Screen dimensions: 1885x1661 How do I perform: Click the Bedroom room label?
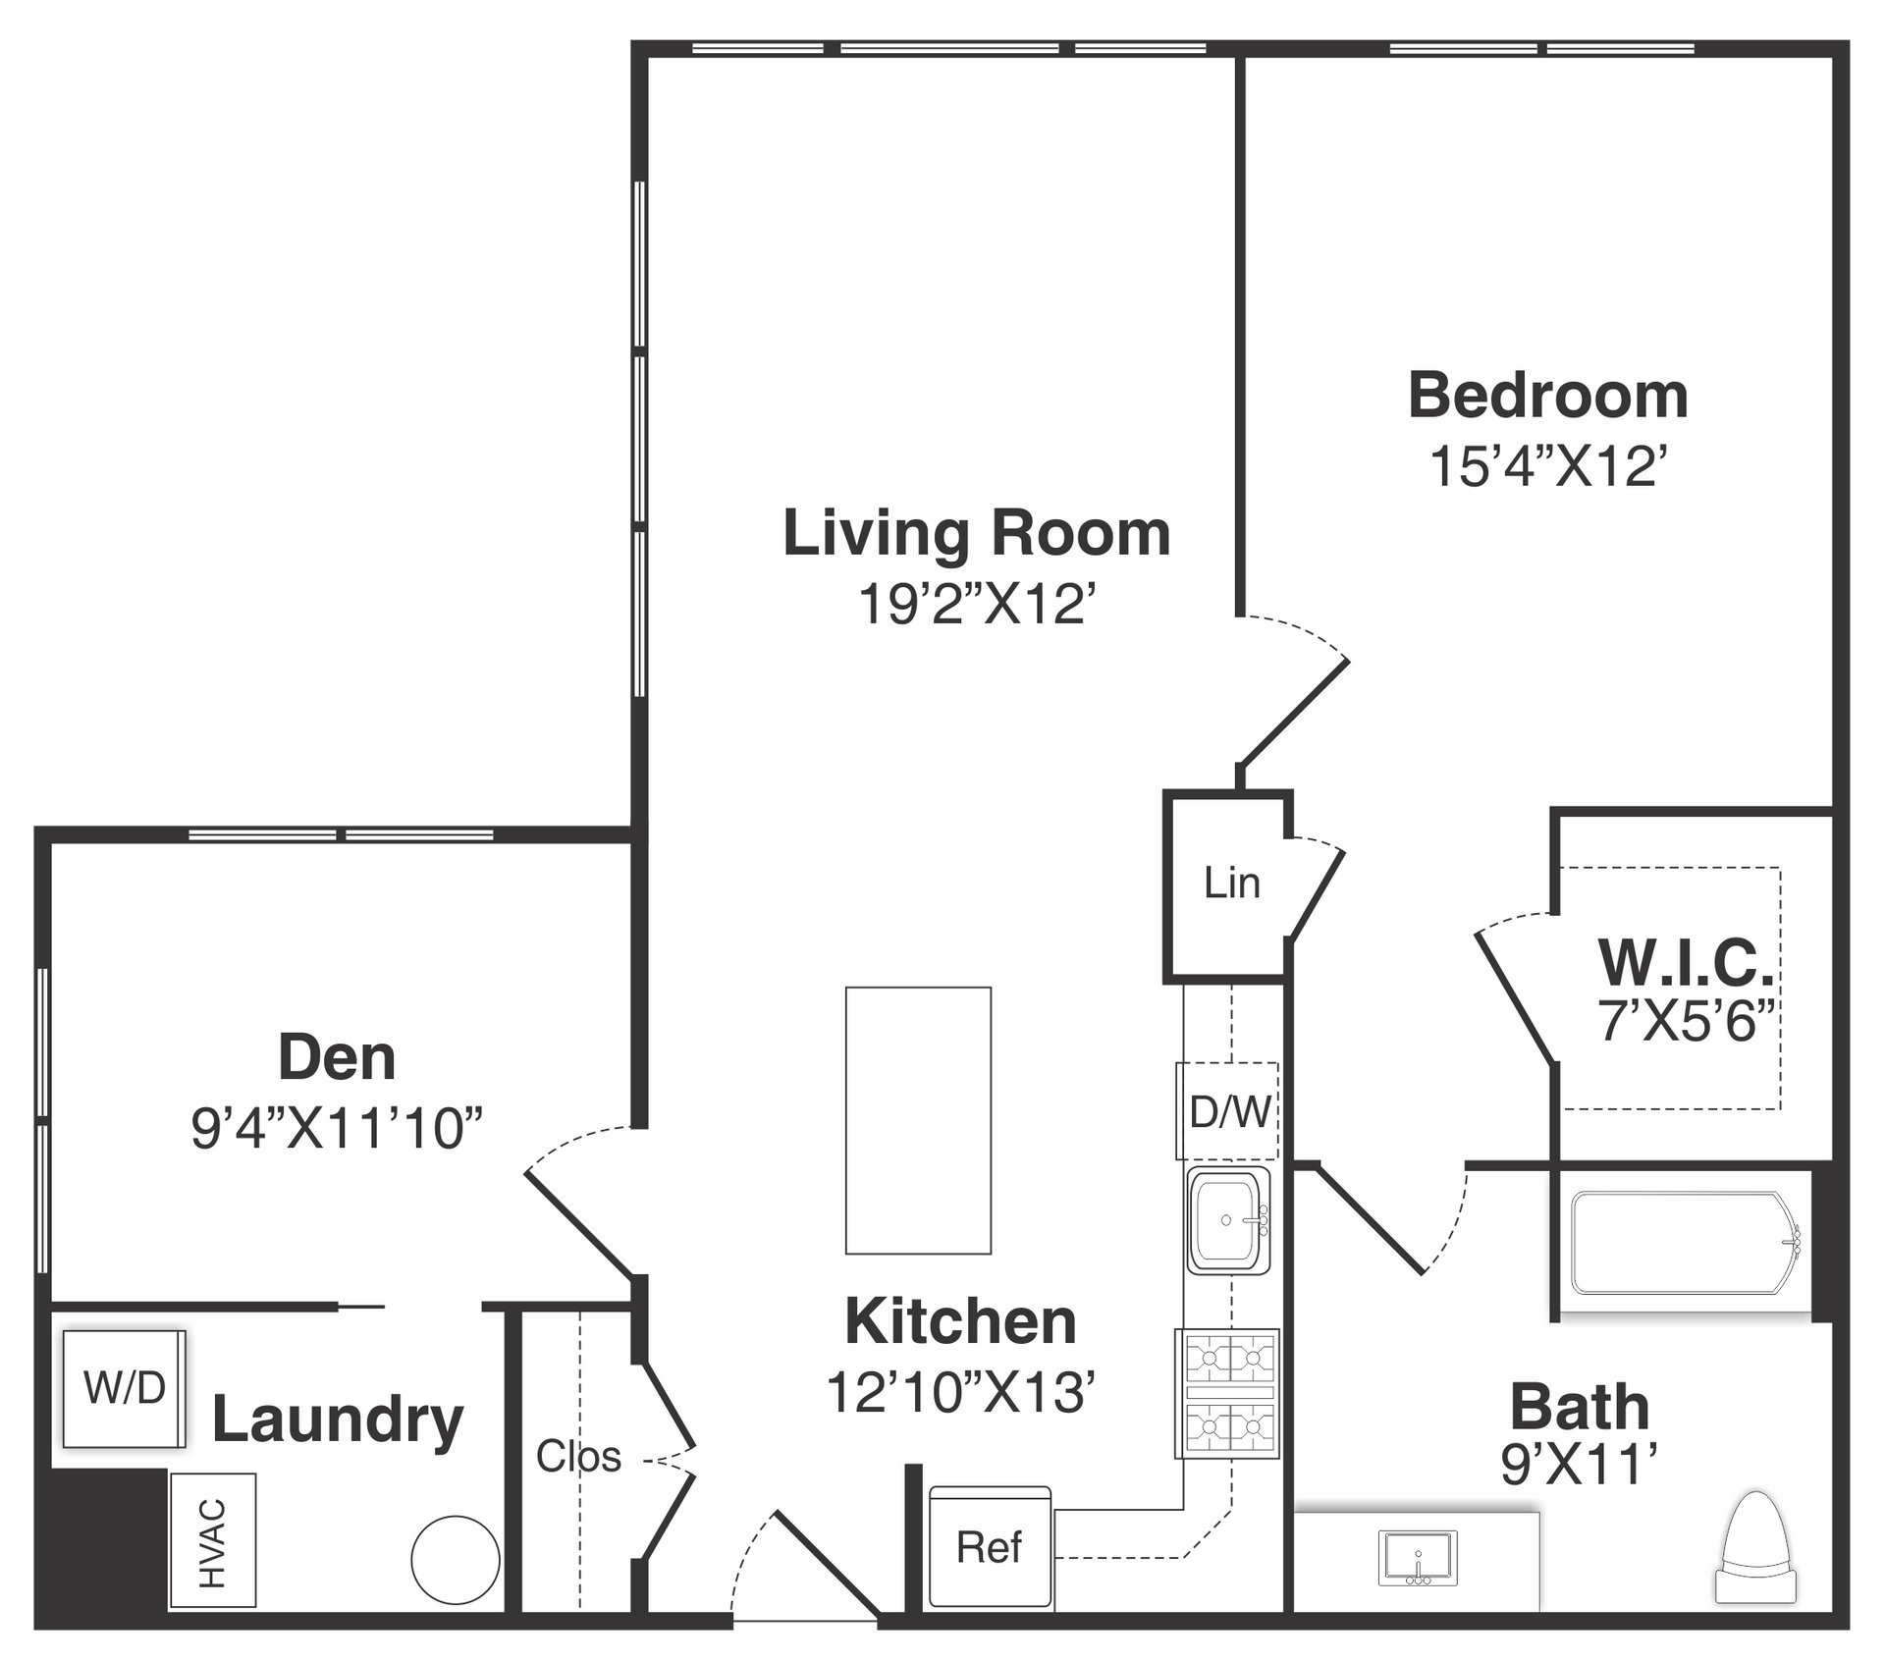[x=1548, y=396]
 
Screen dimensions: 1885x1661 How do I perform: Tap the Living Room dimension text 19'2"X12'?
[x=977, y=603]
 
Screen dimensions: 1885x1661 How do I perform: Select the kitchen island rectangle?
[x=918, y=1120]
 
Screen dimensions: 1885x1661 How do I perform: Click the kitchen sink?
[x=1228, y=1220]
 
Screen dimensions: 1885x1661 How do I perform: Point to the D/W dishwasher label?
[x=1230, y=1112]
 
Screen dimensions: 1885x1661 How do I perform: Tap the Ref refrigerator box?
[x=990, y=1548]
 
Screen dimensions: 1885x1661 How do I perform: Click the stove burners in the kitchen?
[x=1228, y=1393]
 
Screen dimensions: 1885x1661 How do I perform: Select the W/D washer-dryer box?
[x=124, y=1388]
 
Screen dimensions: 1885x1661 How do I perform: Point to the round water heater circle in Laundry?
[x=456, y=1560]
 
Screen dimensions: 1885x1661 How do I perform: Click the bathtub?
[x=1686, y=1243]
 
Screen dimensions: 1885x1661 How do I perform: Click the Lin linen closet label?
[x=1232, y=883]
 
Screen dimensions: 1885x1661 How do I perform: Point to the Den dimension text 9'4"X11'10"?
[x=337, y=1128]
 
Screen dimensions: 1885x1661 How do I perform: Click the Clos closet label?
[x=578, y=1456]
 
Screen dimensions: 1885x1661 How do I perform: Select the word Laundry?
[x=338, y=1420]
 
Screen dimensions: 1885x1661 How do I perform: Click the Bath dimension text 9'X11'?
[x=1580, y=1465]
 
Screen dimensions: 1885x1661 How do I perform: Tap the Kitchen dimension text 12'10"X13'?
[x=960, y=1391]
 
